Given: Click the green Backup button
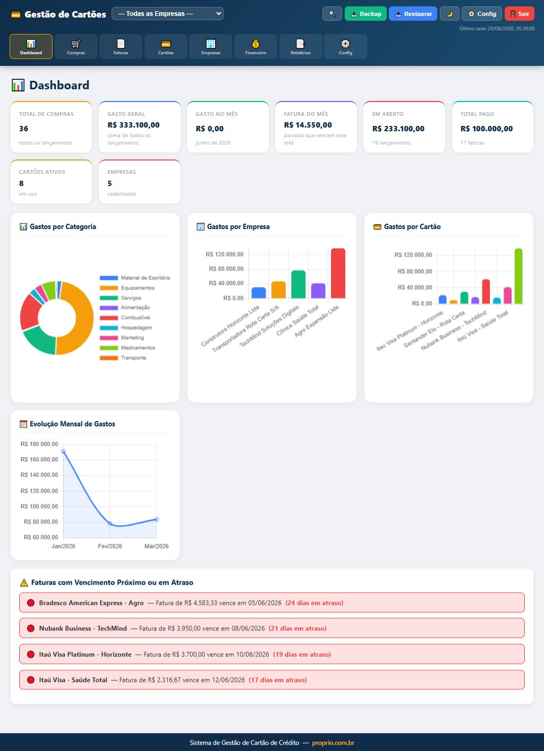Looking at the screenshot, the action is click(x=365, y=14).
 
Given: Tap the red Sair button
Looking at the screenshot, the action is click(x=519, y=14).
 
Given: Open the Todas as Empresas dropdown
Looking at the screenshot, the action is click(x=167, y=14).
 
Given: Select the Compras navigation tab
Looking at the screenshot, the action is click(x=76, y=47).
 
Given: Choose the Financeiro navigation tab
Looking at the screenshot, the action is click(x=256, y=47).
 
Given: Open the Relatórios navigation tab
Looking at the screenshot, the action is click(x=301, y=47).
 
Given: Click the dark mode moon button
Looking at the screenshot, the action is click(x=449, y=14).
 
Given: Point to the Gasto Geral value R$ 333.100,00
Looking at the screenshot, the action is click(x=133, y=125).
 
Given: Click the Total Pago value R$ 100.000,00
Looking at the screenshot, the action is click(x=486, y=129).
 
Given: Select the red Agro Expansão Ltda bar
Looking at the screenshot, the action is click(x=338, y=273).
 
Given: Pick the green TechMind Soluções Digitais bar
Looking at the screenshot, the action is click(x=299, y=284).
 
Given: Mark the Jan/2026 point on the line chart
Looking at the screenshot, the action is click(x=63, y=452).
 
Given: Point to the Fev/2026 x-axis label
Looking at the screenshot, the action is click(x=110, y=546).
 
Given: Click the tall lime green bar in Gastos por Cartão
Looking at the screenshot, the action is click(x=518, y=276).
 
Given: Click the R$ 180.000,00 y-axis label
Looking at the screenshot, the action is click(x=39, y=444).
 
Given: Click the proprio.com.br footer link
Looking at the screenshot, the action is click(x=333, y=742).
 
